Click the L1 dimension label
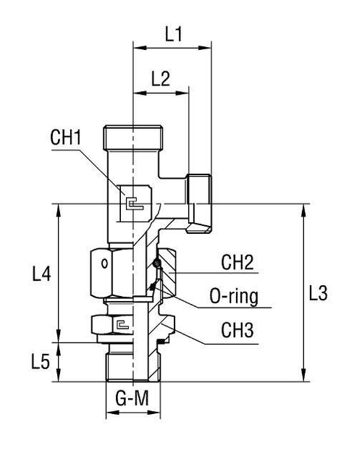(172, 33)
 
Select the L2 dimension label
(160, 78)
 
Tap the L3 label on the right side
(319, 293)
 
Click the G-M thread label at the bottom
(132, 397)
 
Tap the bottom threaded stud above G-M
(132, 360)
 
